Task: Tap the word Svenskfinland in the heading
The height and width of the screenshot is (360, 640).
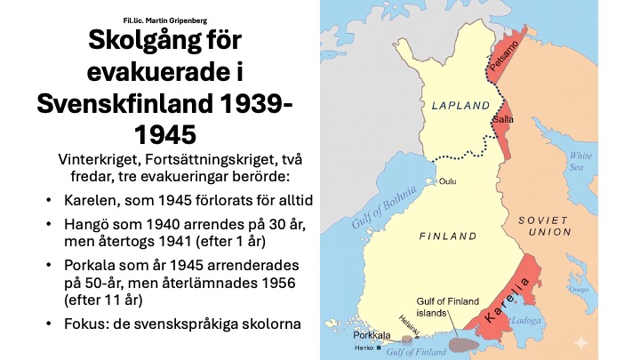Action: coord(117,104)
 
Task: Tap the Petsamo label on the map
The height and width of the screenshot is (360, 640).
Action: coord(501,52)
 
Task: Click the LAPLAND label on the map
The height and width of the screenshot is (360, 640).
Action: coord(460,106)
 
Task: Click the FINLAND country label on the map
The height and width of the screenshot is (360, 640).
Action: coord(449,237)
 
